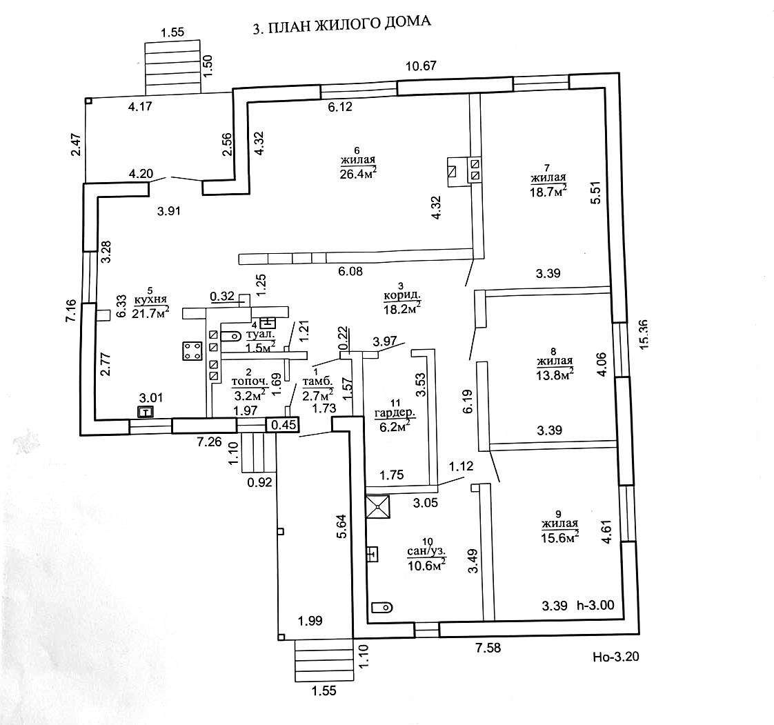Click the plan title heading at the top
342,26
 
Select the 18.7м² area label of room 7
548,190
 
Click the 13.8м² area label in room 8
555,373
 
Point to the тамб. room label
318,380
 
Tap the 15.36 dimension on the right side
645,334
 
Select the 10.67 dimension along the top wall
423,66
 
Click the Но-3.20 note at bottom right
616,657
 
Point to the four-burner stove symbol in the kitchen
190,351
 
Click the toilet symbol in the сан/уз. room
381,607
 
